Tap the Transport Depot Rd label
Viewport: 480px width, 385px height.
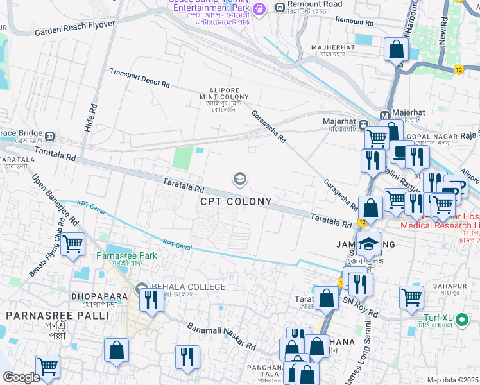tap(139, 78)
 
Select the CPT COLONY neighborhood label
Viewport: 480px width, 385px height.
tap(236, 201)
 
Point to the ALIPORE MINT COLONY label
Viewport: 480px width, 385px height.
tap(224, 96)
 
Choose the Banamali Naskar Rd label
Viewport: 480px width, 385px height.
tap(221, 337)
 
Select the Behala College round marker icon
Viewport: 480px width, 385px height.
tap(141, 287)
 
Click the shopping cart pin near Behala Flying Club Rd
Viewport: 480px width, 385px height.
tap(73, 244)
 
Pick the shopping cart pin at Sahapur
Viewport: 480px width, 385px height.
tap(411, 297)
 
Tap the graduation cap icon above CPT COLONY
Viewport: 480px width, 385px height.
tap(240, 179)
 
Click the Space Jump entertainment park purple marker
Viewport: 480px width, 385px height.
tap(258, 8)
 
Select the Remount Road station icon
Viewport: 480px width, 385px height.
tap(280, 7)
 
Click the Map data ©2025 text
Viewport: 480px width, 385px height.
tap(452, 380)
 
